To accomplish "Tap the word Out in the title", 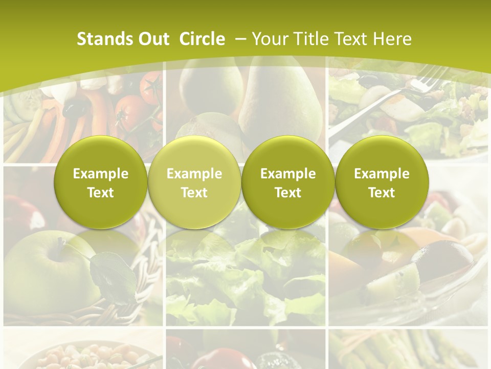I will [x=152, y=39].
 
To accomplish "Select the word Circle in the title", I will [x=202, y=39].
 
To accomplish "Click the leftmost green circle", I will [x=100, y=182].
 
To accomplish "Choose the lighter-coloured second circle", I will [x=194, y=182].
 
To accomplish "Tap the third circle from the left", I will [x=288, y=182].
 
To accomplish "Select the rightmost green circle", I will [x=382, y=182].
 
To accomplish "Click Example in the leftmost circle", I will [x=100, y=174].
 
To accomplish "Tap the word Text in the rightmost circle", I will [x=382, y=193].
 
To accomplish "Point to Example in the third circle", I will [x=288, y=174].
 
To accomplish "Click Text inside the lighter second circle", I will [x=194, y=193].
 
